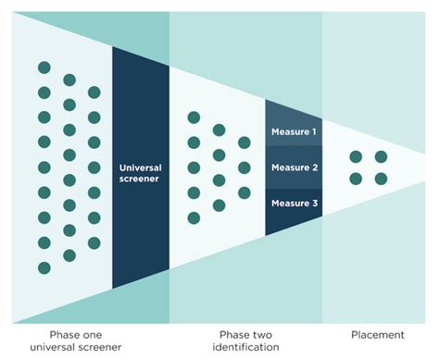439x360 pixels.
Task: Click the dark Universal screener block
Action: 141,167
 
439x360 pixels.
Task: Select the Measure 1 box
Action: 294,131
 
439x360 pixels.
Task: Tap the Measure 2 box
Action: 294,168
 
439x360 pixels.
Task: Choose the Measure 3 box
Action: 294,204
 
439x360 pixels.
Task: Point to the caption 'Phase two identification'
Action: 247,341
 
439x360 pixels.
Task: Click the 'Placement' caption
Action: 379,335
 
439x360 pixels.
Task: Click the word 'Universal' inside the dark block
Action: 141,168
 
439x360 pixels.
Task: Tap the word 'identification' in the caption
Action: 247,348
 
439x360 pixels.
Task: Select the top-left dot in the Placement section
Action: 356,155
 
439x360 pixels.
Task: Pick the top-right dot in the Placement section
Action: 381,155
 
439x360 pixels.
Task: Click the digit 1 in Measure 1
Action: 314,131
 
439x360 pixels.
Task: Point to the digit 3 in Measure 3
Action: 314,204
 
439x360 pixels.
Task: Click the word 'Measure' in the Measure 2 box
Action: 289,168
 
